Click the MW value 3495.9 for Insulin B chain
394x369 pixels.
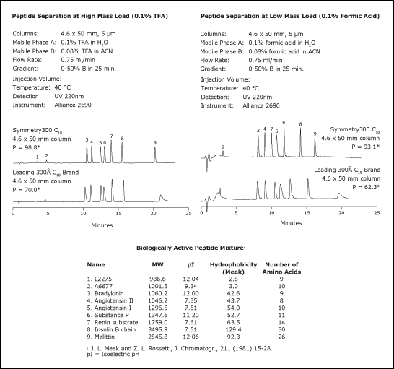(x=158, y=329)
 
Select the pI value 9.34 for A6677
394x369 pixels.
(x=191, y=286)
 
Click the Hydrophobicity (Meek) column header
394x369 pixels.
(x=233, y=268)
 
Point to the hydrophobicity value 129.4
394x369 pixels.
(x=233, y=329)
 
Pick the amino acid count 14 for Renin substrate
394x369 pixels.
(x=281, y=322)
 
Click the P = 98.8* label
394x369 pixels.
(x=27, y=147)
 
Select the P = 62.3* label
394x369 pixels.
(x=366, y=187)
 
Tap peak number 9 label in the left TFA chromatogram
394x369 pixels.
(x=155, y=143)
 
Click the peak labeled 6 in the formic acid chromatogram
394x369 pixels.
(x=284, y=123)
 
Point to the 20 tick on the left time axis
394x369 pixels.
(x=153, y=214)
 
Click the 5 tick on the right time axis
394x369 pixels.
(x=236, y=213)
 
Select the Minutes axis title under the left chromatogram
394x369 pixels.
(x=102, y=225)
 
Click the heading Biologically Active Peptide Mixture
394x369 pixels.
(x=191, y=248)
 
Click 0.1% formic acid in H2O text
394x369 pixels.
(x=282, y=43)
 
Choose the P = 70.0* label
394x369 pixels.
(x=27, y=190)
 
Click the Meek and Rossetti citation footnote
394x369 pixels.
(x=180, y=348)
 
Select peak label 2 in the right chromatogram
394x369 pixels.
(x=223, y=147)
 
